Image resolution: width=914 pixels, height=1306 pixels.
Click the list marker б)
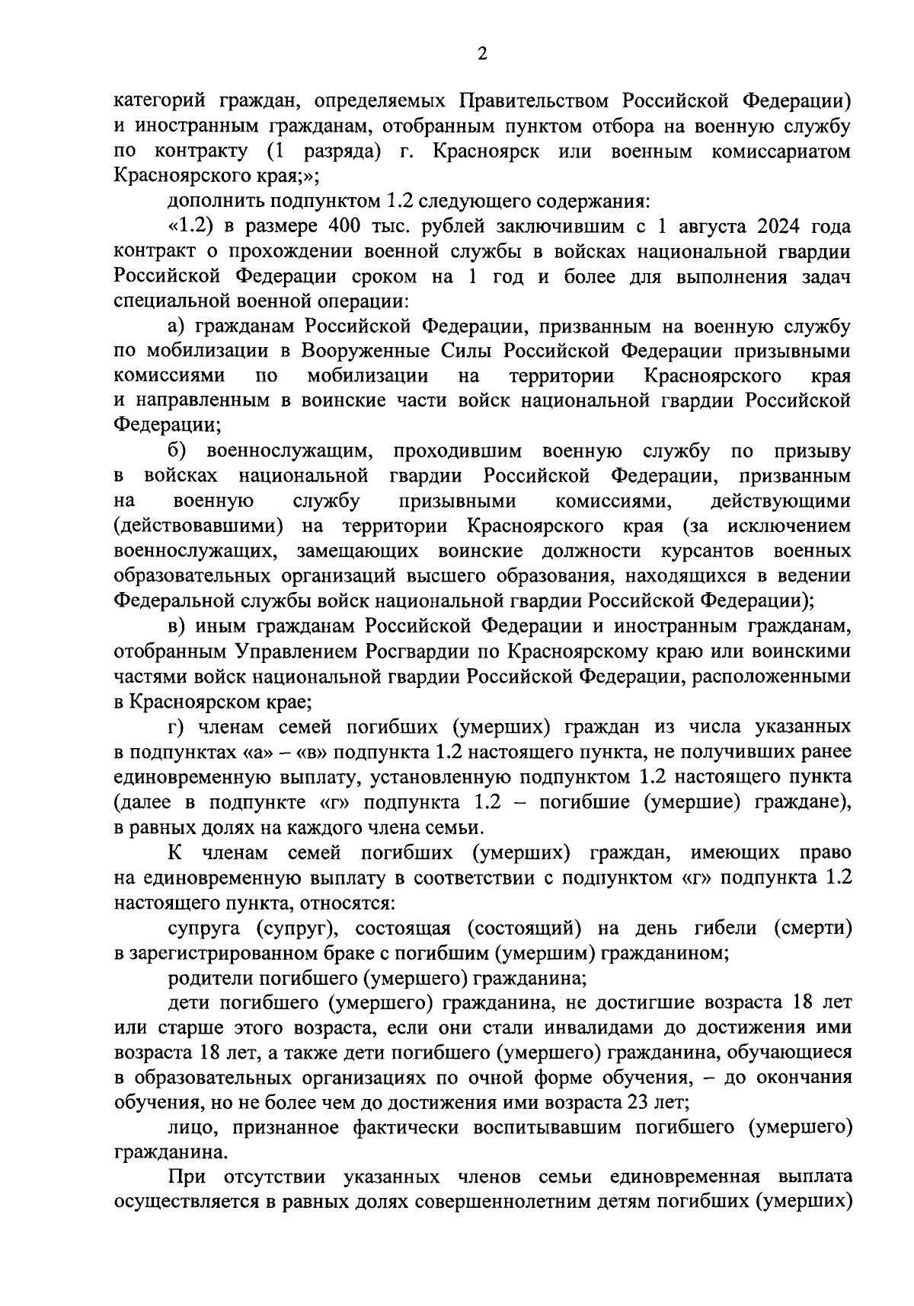(x=177, y=451)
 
